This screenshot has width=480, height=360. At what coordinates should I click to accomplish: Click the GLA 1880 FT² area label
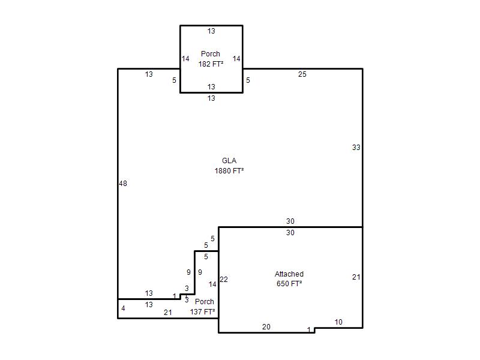click(229, 166)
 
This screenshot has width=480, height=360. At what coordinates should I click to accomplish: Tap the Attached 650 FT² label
click(289, 278)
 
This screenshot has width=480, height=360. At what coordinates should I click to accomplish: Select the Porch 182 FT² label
click(211, 59)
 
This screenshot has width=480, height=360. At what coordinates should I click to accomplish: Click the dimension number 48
click(123, 184)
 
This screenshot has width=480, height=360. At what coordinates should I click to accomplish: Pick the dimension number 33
click(356, 148)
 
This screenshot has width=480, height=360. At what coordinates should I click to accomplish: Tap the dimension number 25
click(302, 74)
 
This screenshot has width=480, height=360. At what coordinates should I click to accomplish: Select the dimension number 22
click(224, 280)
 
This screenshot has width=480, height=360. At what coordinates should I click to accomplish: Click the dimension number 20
click(266, 327)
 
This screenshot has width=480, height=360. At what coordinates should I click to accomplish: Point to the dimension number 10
click(338, 322)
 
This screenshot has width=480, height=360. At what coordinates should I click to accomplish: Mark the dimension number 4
click(123, 308)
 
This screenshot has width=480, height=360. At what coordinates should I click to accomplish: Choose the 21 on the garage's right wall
click(356, 277)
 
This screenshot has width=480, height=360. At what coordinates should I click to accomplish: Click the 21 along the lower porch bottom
click(168, 313)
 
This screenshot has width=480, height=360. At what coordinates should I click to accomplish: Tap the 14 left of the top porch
click(185, 58)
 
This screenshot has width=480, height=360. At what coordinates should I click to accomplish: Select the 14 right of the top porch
click(236, 58)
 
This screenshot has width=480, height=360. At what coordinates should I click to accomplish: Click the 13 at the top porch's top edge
click(211, 31)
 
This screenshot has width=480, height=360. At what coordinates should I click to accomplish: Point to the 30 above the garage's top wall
click(290, 221)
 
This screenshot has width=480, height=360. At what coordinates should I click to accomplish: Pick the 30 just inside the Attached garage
click(290, 233)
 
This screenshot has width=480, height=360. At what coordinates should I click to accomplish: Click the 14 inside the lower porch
click(212, 284)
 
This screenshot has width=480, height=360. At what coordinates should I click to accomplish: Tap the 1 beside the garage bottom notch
click(309, 329)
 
